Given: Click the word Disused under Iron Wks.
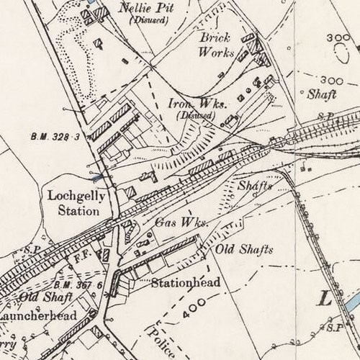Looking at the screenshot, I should [x=197, y=114].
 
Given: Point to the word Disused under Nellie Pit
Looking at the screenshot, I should [x=149, y=20].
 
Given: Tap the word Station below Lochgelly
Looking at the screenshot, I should [x=79, y=212].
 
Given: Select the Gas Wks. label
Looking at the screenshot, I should [x=181, y=222].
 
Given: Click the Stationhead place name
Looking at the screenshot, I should [x=185, y=283].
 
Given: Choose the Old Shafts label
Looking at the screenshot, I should [x=245, y=250].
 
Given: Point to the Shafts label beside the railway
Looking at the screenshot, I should [x=255, y=186].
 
